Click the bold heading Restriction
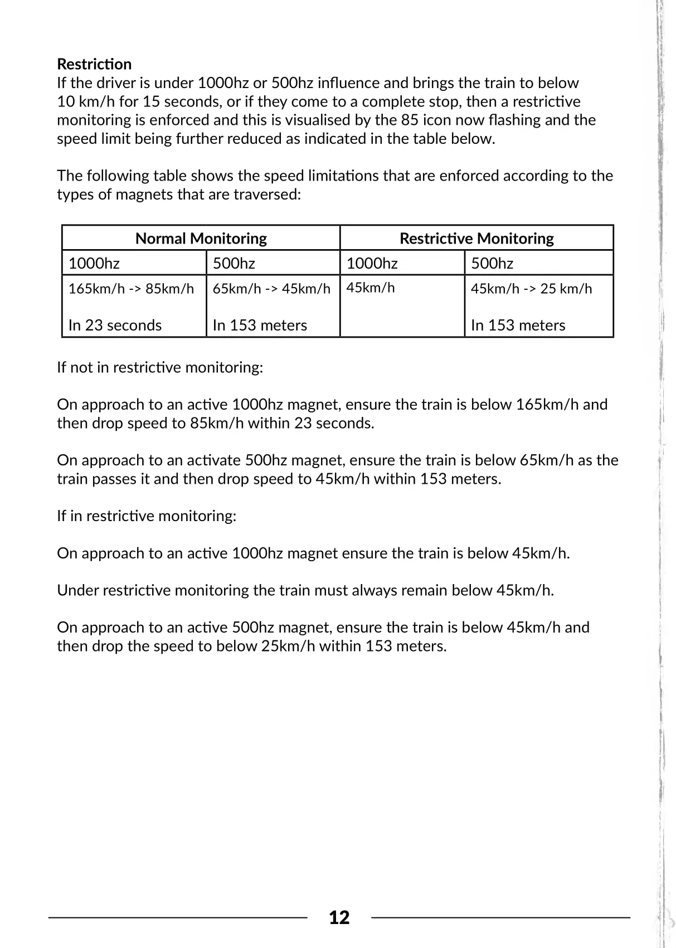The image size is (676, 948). click(94, 64)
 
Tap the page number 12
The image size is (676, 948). click(339, 917)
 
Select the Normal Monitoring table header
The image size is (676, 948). click(201, 239)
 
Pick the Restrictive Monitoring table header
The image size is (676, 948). click(476, 239)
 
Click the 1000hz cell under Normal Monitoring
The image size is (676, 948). click(94, 263)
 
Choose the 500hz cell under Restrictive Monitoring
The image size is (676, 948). click(492, 263)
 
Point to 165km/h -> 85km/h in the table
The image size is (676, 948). click(131, 289)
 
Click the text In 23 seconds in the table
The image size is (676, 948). click(115, 325)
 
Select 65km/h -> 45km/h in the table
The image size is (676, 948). click(271, 289)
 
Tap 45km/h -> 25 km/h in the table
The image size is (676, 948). click(531, 289)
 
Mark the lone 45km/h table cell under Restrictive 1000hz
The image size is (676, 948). click(371, 288)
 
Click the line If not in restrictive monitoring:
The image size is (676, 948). click(160, 368)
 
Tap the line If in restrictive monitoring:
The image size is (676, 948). click(147, 516)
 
